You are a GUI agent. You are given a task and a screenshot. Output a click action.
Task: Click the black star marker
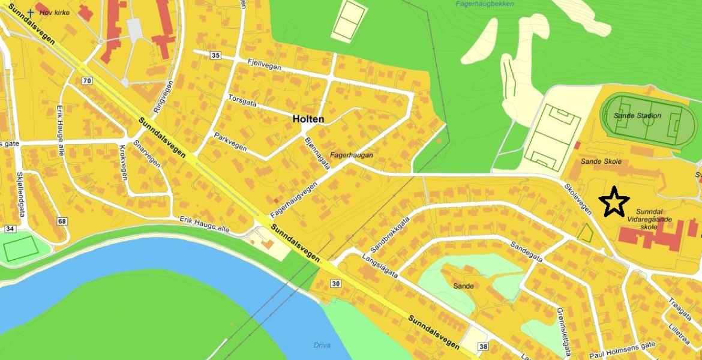[614, 202]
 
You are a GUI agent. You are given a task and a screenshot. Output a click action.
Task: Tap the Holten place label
[308, 119]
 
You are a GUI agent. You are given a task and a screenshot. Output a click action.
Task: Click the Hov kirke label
[53, 11]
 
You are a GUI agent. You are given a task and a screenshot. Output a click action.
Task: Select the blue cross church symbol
[31, 12]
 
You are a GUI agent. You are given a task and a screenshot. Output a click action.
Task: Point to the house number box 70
[88, 81]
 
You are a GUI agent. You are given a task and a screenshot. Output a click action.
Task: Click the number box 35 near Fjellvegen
[216, 55]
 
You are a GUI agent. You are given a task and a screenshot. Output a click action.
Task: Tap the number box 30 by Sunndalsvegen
[335, 284]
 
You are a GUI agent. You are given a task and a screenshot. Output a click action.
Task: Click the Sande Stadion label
[638, 116]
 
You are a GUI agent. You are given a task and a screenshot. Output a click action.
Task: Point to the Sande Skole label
[601, 162]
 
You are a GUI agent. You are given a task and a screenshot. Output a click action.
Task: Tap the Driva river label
[322, 345]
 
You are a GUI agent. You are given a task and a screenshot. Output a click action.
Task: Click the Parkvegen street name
[230, 142]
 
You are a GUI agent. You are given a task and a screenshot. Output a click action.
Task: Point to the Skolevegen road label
[578, 199]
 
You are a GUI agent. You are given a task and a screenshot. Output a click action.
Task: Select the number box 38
[484, 347]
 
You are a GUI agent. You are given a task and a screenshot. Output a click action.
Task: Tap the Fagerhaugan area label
[352, 155]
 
